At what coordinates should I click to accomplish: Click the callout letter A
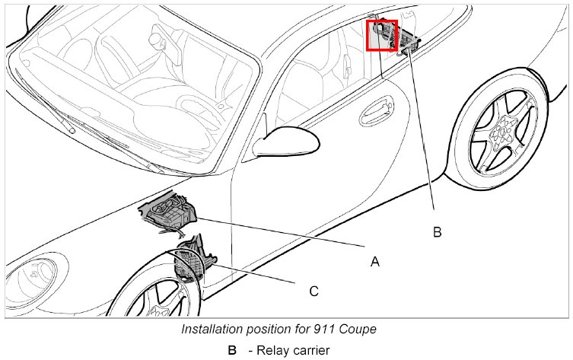[x=374, y=261]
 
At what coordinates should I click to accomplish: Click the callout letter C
[x=314, y=291]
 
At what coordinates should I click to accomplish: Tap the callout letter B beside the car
[x=437, y=232]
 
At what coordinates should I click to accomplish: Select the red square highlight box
[x=382, y=35]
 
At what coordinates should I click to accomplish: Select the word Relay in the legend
[x=272, y=350]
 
